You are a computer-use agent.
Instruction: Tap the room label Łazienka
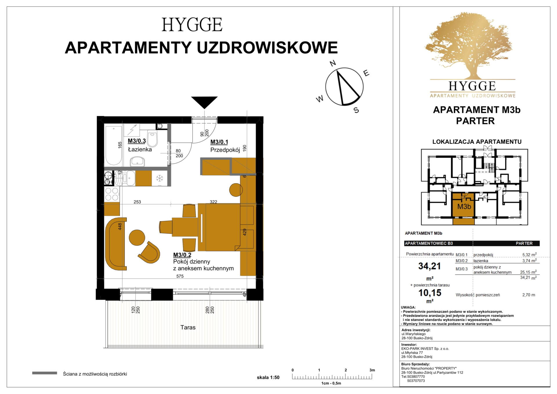tap(140, 150)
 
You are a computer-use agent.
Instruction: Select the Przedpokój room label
tap(225, 150)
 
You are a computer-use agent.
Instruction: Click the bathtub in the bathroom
tap(113, 146)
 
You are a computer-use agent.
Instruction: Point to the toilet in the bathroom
tap(153, 138)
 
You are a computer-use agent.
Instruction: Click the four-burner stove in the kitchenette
tap(112, 194)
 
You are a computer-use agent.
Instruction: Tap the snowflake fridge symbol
tap(159, 178)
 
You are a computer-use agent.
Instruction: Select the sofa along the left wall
tap(115, 244)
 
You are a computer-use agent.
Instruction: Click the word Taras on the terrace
tap(188, 327)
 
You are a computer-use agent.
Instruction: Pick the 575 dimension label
tap(180, 276)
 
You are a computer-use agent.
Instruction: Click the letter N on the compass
tap(333, 63)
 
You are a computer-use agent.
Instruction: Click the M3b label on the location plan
tap(464, 206)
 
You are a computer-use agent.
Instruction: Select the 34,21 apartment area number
tap(429, 266)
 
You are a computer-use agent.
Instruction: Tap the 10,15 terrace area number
tap(430, 293)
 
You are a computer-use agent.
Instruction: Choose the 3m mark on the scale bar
tap(372, 370)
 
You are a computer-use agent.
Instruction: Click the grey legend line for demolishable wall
tap(44, 373)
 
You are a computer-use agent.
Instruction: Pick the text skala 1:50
tap(268, 377)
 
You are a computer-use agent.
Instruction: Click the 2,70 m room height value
tap(529, 295)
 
